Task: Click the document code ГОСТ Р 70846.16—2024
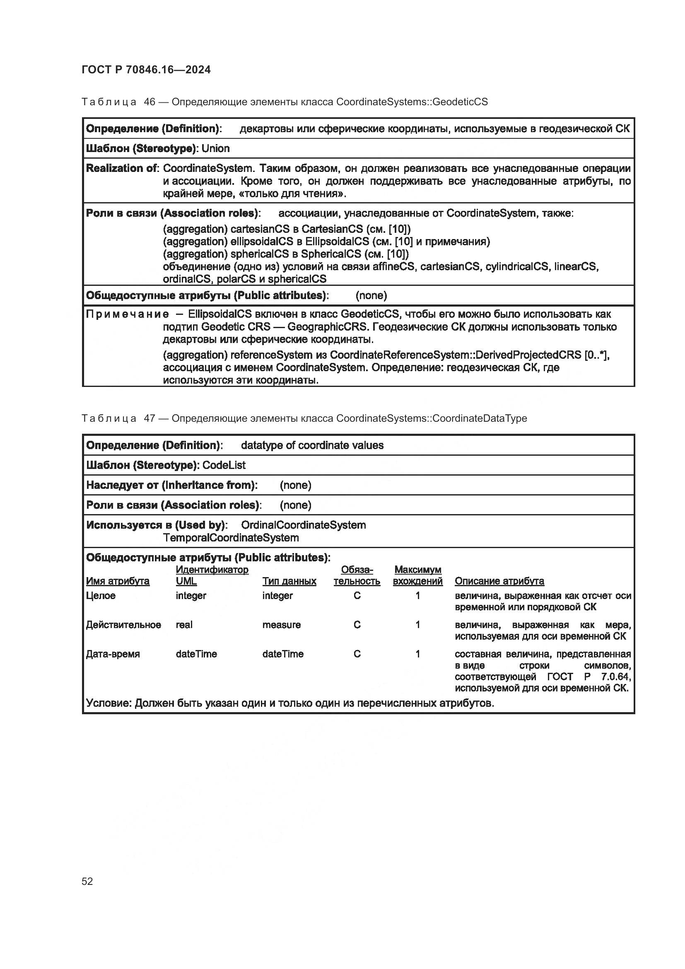pos(146,70)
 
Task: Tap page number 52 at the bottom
pos(87,881)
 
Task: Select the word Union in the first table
pos(215,149)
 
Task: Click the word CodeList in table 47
pos(224,465)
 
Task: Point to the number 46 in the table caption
pos(150,102)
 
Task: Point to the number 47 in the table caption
pos(150,418)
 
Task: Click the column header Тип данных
pos(289,581)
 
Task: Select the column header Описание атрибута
pos(499,581)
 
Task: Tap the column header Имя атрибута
pos(118,581)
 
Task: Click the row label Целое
pos(101,595)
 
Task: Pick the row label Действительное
pos(123,625)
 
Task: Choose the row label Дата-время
pos(113,654)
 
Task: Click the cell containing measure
pos(281,625)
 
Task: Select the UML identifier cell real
pos(184,625)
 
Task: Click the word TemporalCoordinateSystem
pos(231,538)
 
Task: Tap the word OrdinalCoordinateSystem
pos(303,525)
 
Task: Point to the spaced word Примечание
pos(128,314)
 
